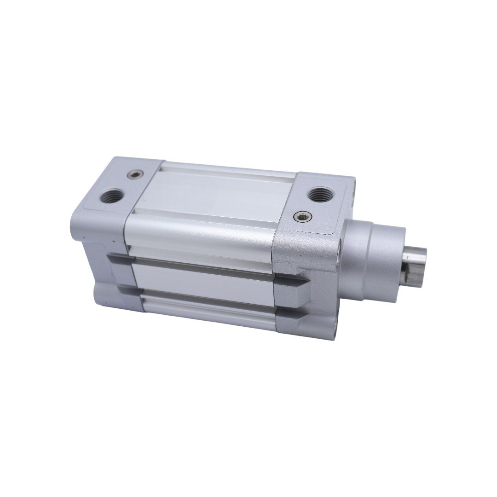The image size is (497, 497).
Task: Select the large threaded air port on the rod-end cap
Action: click(x=318, y=194)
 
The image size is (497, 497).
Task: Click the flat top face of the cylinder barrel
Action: click(x=216, y=193)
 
